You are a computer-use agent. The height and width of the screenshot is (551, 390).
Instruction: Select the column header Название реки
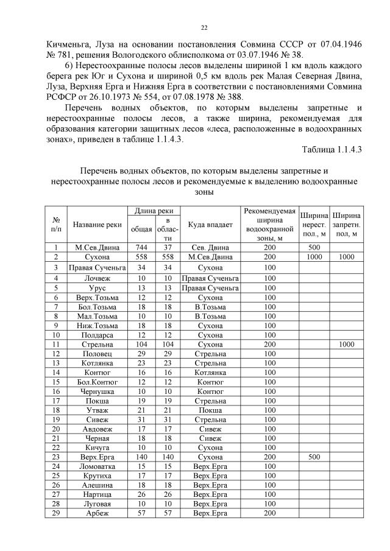tap(97, 225)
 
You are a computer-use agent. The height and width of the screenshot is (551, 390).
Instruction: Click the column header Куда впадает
tap(210, 225)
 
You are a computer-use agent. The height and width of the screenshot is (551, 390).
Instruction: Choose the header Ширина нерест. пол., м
tap(314, 225)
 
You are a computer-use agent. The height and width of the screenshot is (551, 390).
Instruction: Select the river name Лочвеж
tap(97, 278)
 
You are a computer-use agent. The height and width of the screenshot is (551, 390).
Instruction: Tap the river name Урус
tap(97, 288)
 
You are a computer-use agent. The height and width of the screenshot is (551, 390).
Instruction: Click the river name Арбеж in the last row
tap(97, 513)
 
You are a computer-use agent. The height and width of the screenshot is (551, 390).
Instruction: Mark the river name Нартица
tap(97, 494)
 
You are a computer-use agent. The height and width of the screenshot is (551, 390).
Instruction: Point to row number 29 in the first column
tap(55, 513)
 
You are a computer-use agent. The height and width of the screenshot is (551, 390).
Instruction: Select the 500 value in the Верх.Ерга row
tap(314, 456)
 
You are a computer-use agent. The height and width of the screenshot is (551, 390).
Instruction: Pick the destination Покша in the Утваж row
tap(210, 410)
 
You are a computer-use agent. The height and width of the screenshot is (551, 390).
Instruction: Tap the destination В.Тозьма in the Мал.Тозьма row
tap(210, 316)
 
